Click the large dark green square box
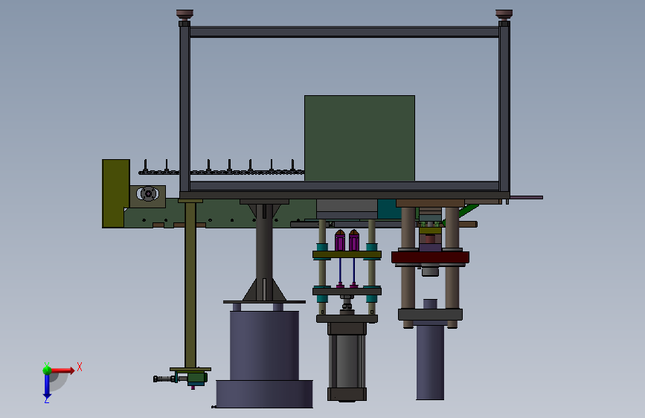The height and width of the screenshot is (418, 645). coord(359,138)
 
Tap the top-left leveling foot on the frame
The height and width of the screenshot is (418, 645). coord(184,15)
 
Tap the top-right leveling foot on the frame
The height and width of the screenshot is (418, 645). coord(504,15)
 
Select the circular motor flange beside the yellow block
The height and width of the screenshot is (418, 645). coord(147,194)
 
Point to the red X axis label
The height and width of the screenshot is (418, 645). coord(80,367)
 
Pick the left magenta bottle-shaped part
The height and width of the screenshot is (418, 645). coord(339,241)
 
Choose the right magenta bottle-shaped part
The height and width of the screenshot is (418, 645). coord(354,241)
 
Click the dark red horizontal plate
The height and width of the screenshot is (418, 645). coord(430,257)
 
